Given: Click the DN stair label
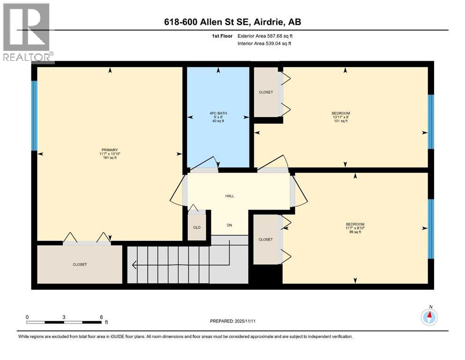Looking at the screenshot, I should point(229,225).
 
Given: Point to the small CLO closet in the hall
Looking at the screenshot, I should point(197,227).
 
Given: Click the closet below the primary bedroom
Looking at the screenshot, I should point(80,264).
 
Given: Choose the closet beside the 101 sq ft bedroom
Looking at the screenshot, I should point(266,92).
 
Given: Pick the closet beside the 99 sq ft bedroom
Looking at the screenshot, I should point(266,240).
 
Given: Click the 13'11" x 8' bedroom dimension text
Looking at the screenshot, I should point(340,117).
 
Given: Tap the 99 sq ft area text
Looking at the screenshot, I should point(354,232).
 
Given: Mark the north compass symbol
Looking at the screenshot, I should point(429,317).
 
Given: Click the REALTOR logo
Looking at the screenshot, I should point(27,32).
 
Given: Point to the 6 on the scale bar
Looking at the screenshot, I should point(101,317).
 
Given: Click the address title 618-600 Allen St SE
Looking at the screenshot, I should point(232,22).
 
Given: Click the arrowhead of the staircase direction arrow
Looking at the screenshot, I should point(134,266).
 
